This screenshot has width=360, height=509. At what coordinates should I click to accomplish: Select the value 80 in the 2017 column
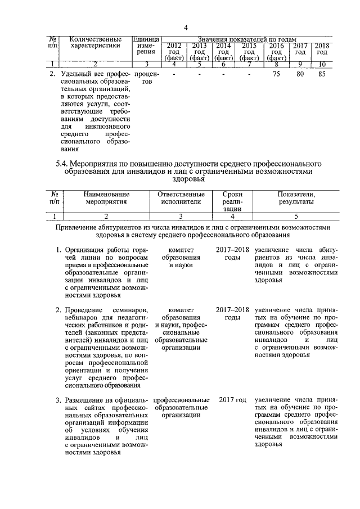(300, 74)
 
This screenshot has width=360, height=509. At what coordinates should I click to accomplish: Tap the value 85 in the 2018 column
(322, 74)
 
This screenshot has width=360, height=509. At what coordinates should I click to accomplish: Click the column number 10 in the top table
(322, 64)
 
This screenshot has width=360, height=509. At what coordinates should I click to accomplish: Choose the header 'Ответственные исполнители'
(181, 198)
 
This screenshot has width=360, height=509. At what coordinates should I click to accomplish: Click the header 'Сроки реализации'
(232, 201)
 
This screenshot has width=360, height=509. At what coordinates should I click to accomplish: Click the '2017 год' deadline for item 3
(233, 400)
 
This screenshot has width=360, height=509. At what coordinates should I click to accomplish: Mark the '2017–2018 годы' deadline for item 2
(232, 314)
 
